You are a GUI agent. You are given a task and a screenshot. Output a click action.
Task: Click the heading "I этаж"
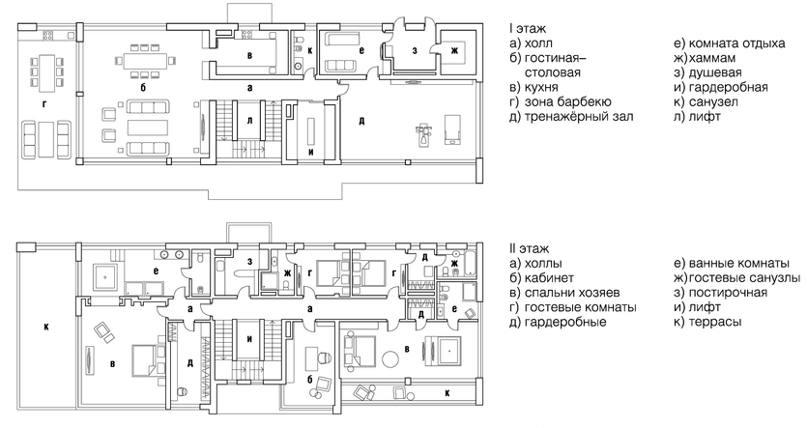point(524,27)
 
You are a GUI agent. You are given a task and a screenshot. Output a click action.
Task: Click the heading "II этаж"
point(526,248)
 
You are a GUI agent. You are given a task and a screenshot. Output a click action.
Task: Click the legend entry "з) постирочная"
point(723,292)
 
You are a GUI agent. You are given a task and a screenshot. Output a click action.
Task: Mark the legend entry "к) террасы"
point(709,321)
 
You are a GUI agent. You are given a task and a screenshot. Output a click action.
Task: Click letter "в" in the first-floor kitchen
point(249,56)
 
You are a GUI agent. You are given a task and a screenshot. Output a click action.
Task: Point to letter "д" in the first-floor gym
point(361,121)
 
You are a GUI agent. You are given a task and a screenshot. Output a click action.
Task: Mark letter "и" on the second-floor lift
point(249,340)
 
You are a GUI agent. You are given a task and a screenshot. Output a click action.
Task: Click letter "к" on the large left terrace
point(45,327)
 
